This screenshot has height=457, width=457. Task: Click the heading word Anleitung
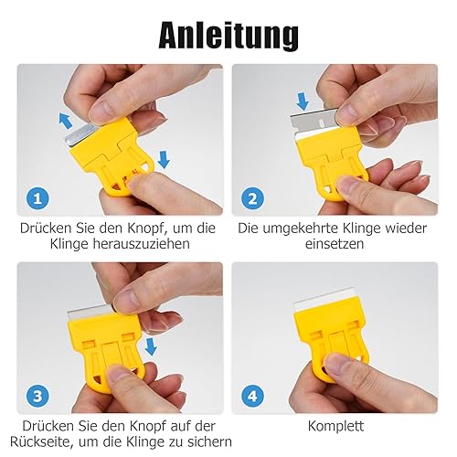coord(228,35)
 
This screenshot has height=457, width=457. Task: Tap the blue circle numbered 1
coord(37,198)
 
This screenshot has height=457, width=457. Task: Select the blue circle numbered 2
coord(252,198)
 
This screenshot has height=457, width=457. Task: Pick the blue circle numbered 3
coord(37,396)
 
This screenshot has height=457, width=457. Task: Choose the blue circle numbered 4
coord(252,396)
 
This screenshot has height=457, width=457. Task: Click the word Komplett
coord(335,426)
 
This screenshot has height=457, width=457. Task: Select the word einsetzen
coord(335,244)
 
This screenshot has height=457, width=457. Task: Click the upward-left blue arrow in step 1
coord(66,120)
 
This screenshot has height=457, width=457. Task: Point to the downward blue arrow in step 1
coord(164,159)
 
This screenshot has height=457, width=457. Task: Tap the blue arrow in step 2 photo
coord(303,101)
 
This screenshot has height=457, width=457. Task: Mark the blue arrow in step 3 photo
coord(151,346)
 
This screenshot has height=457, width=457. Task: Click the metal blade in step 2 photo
coord(314,122)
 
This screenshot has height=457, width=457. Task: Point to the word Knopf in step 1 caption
coord(146,228)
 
